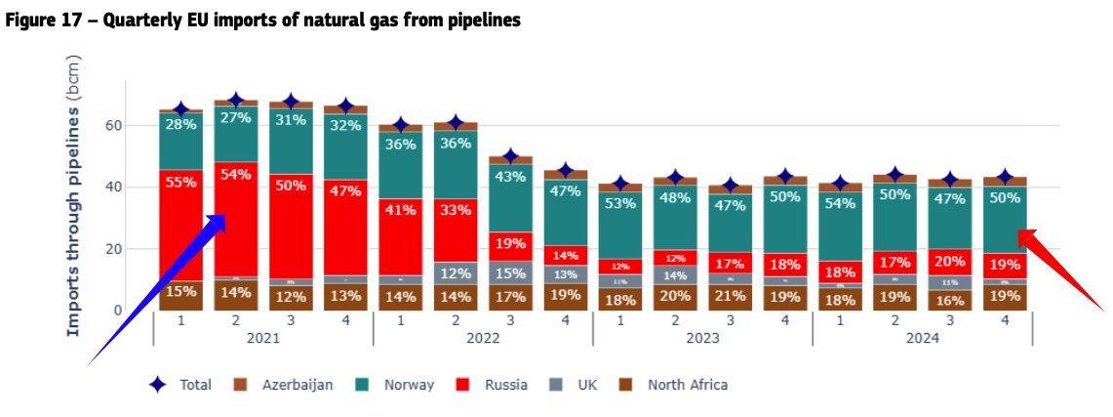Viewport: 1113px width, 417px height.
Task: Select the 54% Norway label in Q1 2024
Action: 840,203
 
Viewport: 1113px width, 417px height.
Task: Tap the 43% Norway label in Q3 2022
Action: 511,177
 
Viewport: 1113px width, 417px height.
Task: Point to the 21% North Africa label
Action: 731,296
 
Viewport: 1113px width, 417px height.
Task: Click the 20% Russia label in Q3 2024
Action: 950,261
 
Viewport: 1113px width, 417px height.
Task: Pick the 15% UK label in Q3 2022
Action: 511,274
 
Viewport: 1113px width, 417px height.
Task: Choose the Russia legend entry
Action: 504,385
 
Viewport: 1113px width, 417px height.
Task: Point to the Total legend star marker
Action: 157,385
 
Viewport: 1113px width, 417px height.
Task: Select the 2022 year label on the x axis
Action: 484,338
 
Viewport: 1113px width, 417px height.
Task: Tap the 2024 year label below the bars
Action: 922,338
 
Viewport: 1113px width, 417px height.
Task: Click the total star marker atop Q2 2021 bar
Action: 235,100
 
